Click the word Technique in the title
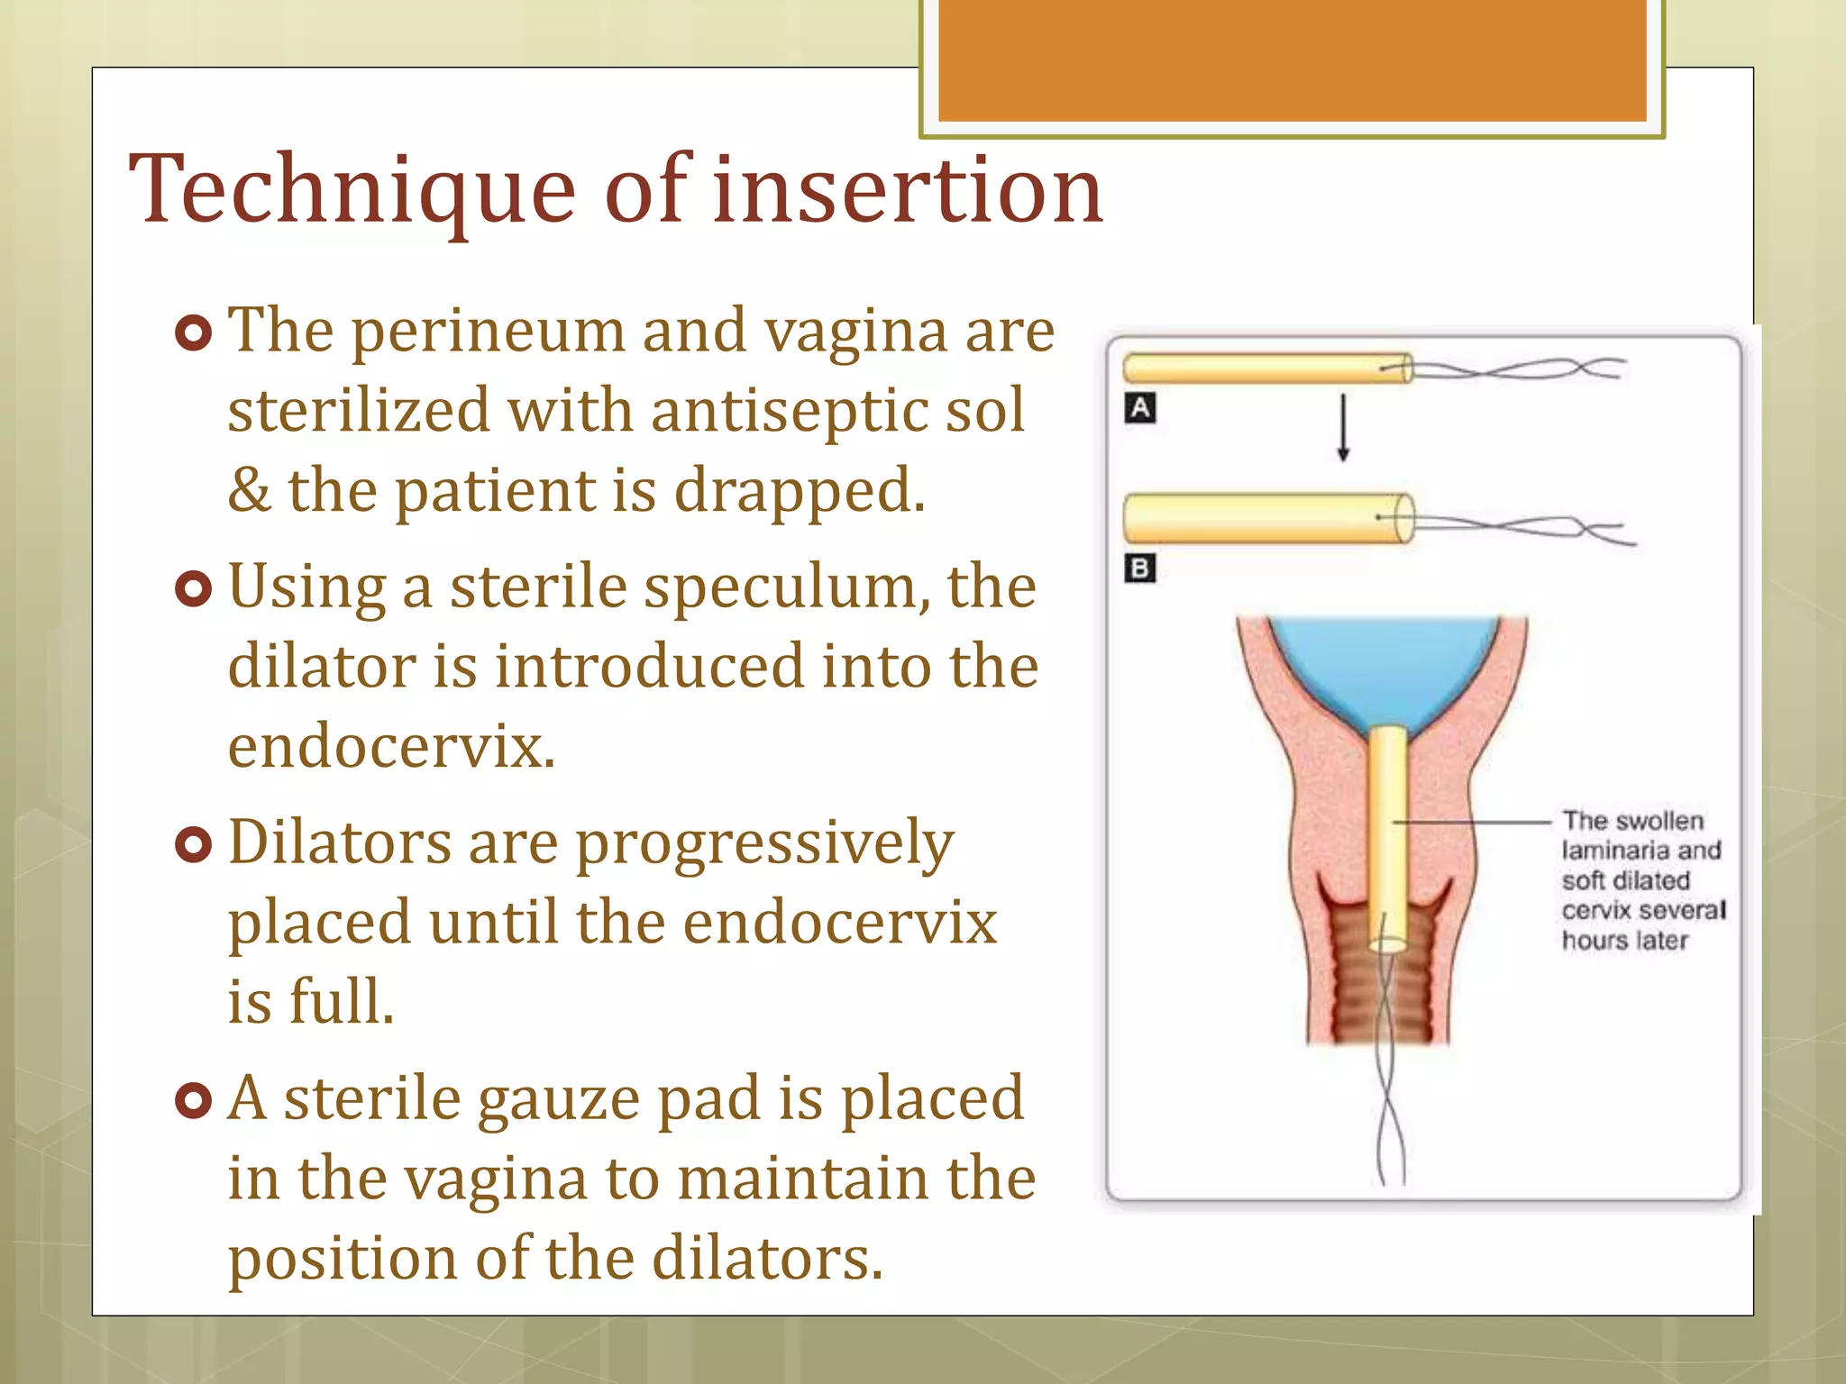pyautogui.click(x=352, y=191)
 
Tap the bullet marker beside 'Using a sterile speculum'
pyautogui.click(x=193, y=588)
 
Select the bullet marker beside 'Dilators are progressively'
pyautogui.click(x=193, y=844)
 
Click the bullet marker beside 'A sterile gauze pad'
pyautogui.click(x=193, y=1100)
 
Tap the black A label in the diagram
pyautogui.click(x=1140, y=408)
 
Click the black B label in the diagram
pyautogui.click(x=1140, y=569)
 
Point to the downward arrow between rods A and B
pyautogui.click(x=1343, y=428)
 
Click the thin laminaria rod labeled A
pyautogui.click(x=1262, y=369)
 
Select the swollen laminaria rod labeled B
pyautogui.click(x=1262, y=518)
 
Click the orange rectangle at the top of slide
pyautogui.click(x=1292, y=60)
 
